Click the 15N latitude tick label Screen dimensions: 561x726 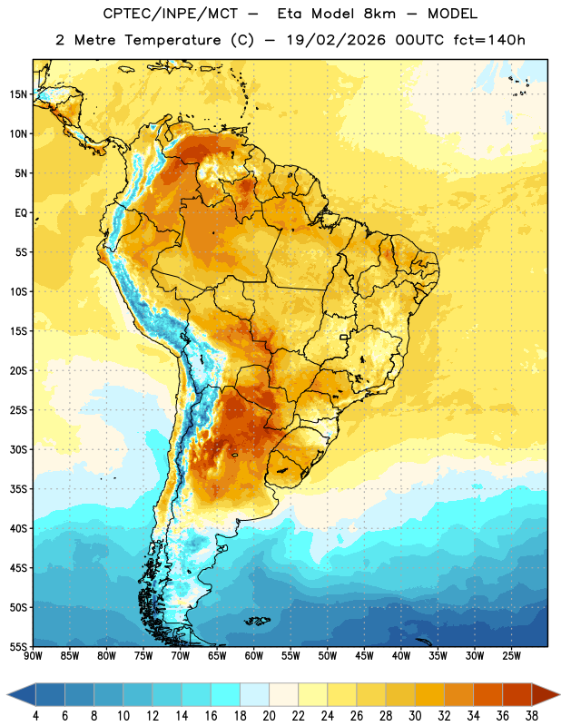(x=18, y=94)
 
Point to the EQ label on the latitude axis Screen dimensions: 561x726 (x=21, y=213)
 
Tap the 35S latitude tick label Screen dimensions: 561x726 (x=18, y=489)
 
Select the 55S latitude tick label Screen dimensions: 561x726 (x=18, y=646)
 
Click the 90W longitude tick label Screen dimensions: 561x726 (x=33, y=656)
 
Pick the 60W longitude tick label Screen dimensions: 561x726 (x=254, y=656)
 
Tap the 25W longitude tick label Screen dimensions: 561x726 (x=511, y=656)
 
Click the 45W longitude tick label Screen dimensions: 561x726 (x=364, y=656)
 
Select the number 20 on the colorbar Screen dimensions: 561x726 (x=269, y=716)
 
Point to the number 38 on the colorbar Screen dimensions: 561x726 (x=532, y=716)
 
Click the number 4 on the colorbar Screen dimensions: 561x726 (x=35, y=716)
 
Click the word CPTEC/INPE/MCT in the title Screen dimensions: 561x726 (x=171, y=15)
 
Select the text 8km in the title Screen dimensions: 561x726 (x=379, y=15)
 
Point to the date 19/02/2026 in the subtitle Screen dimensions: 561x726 (x=336, y=40)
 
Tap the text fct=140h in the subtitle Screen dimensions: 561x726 (x=489, y=40)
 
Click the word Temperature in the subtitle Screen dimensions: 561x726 (x=172, y=41)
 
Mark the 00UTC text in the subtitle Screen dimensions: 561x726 (x=419, y=40)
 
